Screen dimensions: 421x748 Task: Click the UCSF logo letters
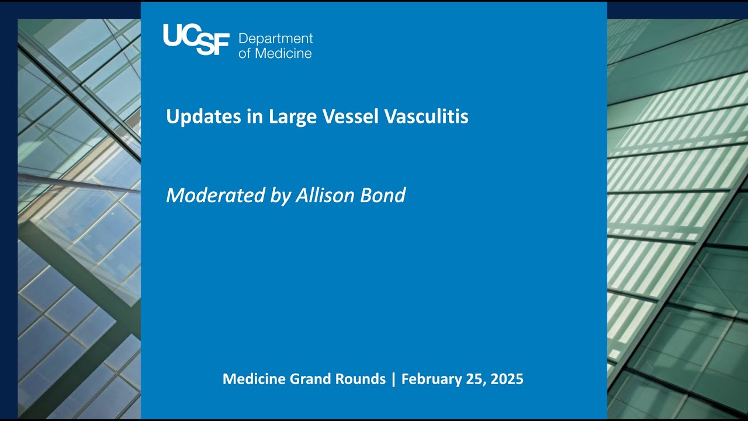click(x=196, y=39)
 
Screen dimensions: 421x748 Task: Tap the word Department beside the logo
click(x=276, y=39)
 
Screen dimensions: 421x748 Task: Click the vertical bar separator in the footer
click(x=394, y=379)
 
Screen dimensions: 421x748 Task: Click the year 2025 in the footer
click(x=507, y=379)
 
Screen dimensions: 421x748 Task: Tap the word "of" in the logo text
click(x=244, y=53)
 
